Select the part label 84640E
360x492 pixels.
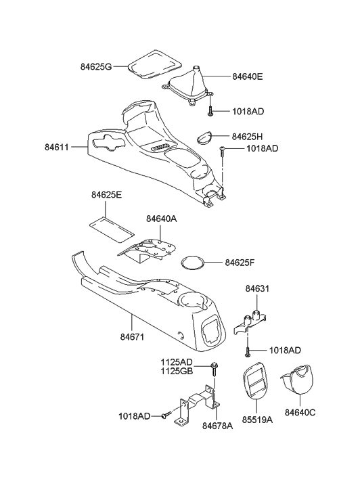tap(252, 77)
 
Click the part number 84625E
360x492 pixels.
tap(107, 196)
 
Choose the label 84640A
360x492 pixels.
tap(162, 219)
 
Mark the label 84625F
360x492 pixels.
tap(242, 261)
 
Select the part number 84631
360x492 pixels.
tap(256, 288)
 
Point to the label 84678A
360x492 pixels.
tap(218, 426)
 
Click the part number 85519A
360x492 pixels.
tap(256, 420)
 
